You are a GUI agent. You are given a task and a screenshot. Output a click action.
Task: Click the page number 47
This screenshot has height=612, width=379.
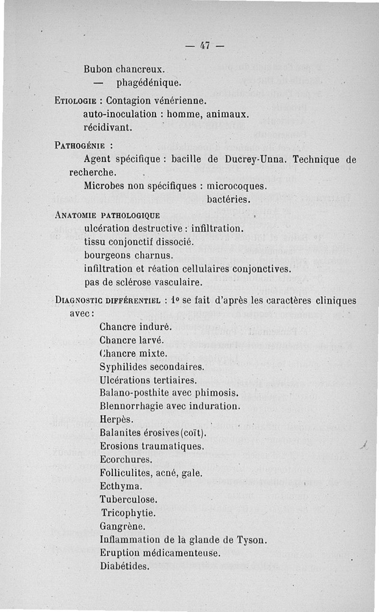click(x=205, y=46)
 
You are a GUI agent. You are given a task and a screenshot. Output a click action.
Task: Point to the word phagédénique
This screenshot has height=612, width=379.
click(x=149, y=83)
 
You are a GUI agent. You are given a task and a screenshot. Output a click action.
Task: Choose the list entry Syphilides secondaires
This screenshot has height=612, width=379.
click(x=152, y=367)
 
